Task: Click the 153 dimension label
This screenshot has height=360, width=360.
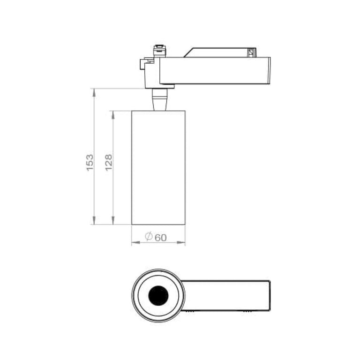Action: click(x=90, y=162)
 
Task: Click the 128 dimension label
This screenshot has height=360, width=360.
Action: click(x=109, y=162)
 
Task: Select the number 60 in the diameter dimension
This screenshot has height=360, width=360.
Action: click(x=160, y=238)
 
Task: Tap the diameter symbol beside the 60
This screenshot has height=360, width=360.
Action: click(x=149, y=236)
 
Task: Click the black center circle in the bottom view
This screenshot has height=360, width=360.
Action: click(x=158, y=296)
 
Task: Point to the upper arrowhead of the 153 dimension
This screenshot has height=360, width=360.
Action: click(x=94, y=92)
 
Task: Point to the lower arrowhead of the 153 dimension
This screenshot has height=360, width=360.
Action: click(x=94, y=220)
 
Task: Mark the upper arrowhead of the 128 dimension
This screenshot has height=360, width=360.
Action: click(x=112, y=115)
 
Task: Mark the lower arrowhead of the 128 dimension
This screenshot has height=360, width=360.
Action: click(x=112, y=220)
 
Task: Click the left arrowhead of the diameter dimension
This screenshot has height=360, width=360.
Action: click(x=135, y=242)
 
